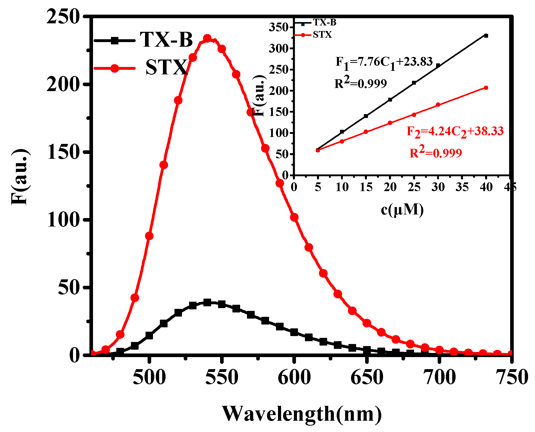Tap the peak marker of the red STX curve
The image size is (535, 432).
[x=207, y=39]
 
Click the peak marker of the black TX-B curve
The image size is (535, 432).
[x=207, y=302]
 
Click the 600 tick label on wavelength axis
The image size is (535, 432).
[x=294, y=377]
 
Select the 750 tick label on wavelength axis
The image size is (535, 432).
[x=511, y=377]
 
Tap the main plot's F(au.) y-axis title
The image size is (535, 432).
[x=20, y=177]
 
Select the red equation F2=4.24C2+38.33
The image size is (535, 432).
[x=455, y=132]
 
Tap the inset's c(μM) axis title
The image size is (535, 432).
[x=402, y=210]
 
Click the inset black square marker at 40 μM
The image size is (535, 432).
[x=486, y=36]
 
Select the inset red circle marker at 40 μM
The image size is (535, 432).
[x=486, y=88]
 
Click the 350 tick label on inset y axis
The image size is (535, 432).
[x=279, y=27]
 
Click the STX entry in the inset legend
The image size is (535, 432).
[x=322, y=35]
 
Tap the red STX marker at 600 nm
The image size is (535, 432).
[x=294, y=217]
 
